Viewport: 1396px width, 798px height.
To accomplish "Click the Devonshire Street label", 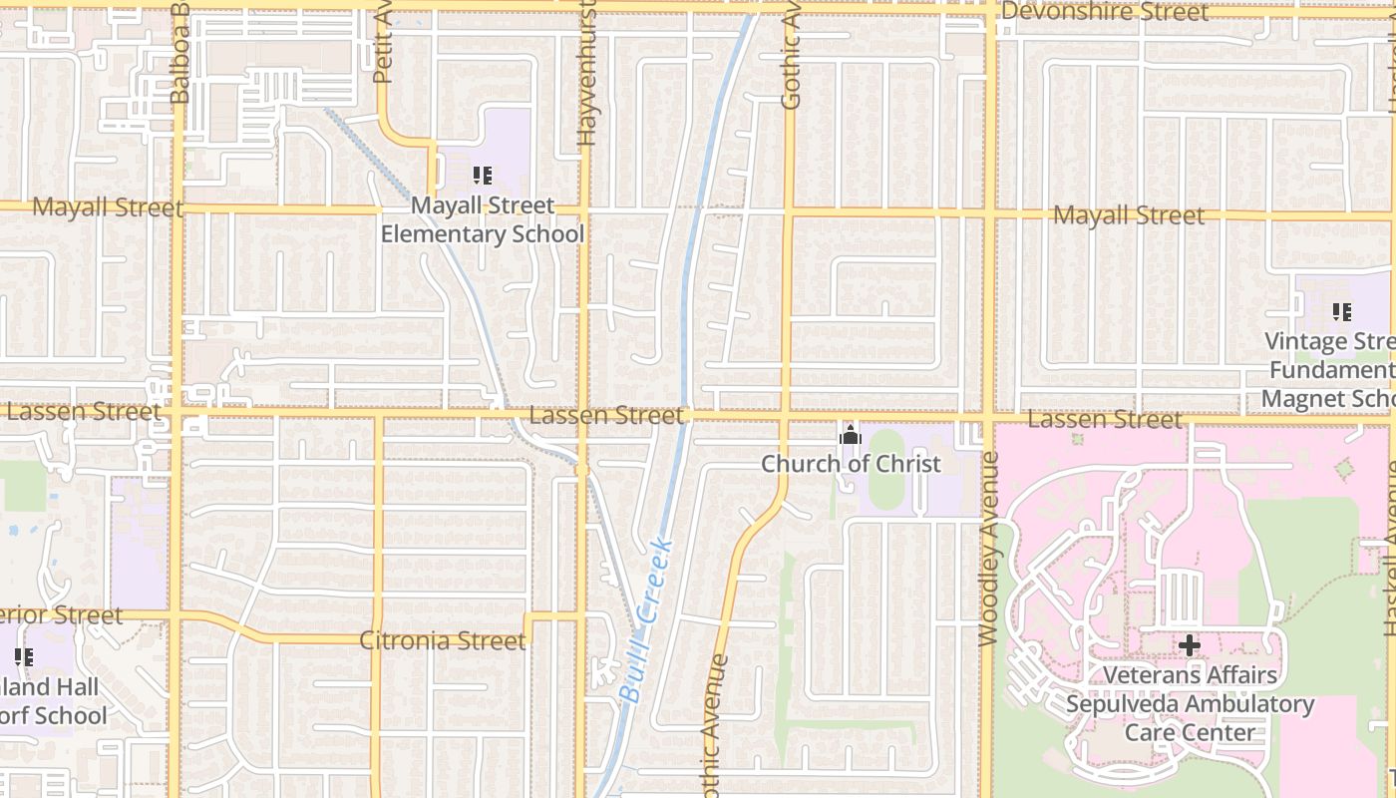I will (x=1105, y=12).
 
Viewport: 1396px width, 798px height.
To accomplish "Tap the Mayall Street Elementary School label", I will (x=483, y=219).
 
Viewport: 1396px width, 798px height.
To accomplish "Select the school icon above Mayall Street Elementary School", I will (x=483, y=177).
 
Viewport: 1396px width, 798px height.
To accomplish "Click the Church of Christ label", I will (x=851, y=464).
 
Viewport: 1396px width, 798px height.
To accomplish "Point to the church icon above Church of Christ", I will (x=851, y=435).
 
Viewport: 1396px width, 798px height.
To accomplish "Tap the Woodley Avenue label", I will (x=988, y=549).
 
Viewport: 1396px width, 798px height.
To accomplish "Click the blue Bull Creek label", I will (x=646, y=620).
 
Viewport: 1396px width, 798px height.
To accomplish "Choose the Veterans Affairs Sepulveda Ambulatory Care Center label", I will (x=1190, y=703).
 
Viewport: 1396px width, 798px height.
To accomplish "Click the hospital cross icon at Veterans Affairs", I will (x=1189, y=645).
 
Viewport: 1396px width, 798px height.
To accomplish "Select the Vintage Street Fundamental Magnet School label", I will (x=1330, y=370).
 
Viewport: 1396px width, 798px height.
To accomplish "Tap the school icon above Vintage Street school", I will (x=1342, y=312).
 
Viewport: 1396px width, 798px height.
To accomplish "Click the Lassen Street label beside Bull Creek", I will (x=606, y=415).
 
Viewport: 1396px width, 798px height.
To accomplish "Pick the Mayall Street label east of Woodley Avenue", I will (x=1129, y=215).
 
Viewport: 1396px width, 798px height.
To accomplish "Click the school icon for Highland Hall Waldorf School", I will (x=23, y=657).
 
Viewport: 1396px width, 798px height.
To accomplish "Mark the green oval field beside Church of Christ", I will (x=885, y=481).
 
